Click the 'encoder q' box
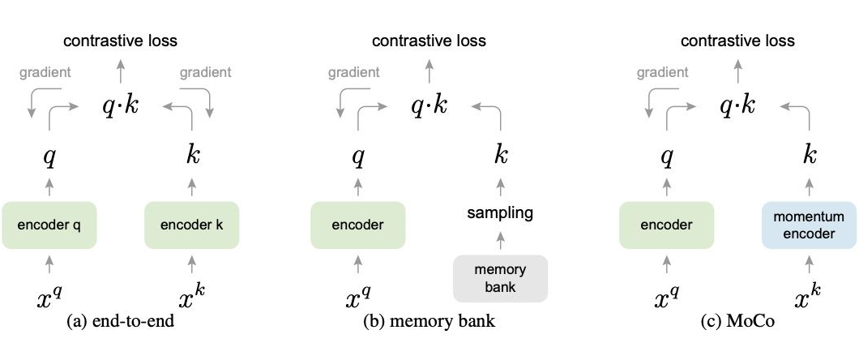tap(49, 225)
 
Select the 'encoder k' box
tap(191, 225)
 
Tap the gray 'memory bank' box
tap(500, 278)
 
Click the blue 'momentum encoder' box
tap(809, 225)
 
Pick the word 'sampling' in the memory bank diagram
tap(499, 213)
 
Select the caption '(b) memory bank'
tap(430, 321)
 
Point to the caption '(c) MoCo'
tap(737, 321)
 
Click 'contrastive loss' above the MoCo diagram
tap(737, 41)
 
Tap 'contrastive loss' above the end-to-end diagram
tap(121, 41)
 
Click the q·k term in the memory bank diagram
tap(429, 105)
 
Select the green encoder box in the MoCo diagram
tap(666, 225)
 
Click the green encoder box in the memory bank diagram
tap(357, 225)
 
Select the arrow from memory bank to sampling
tap(500, 240)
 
